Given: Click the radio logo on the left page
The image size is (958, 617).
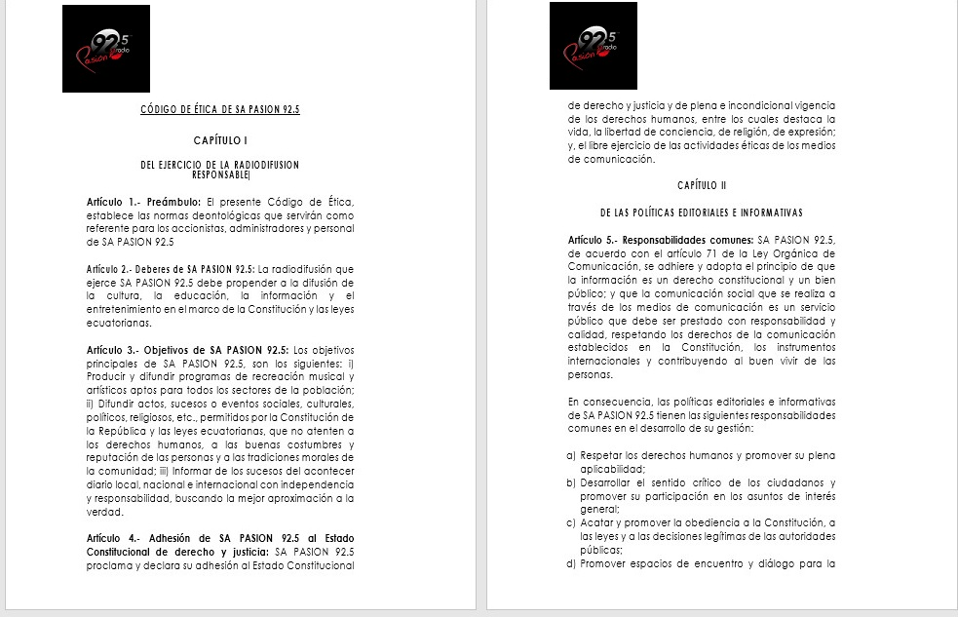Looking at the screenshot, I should tap(106, 49).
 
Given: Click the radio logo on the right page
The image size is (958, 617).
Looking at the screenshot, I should tap(593, 46).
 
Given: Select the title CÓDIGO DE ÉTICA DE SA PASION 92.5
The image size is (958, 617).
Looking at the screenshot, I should tap(220, 110).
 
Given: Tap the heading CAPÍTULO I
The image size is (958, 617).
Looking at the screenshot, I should tap(220, 141).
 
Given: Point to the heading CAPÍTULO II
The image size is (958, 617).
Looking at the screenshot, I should tap(702, 185).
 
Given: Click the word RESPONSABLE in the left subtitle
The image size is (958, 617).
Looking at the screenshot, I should tap(221, 175).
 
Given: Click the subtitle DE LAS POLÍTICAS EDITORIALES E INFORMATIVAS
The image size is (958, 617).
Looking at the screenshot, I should tap(702, 212).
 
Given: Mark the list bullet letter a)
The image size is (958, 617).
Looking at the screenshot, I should tap(570, 456).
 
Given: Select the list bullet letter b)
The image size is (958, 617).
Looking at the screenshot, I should tap(570, 483).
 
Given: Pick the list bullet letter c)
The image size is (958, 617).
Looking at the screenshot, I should tap(570, 523).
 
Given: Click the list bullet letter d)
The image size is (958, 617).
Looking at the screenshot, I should tap(570, 563).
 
